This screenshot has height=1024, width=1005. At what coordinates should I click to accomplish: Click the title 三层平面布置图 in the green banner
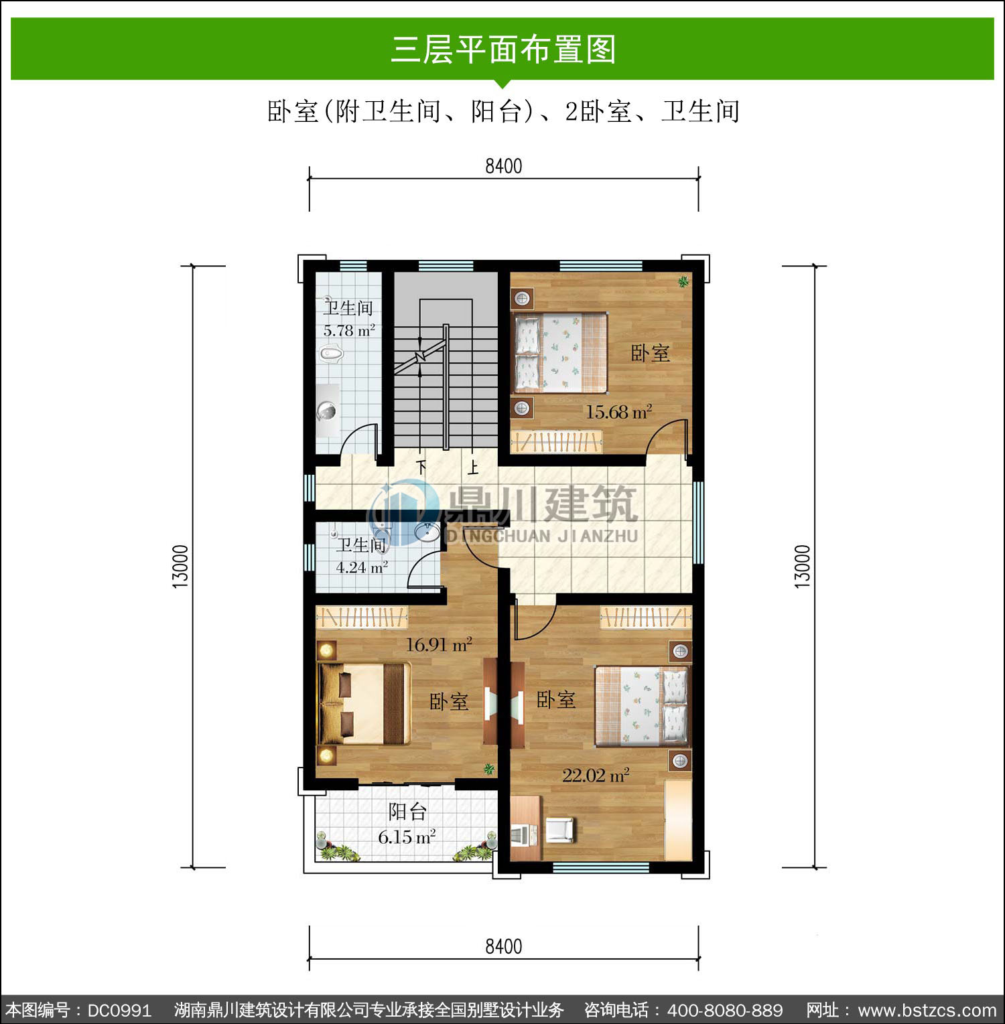coord(503,49)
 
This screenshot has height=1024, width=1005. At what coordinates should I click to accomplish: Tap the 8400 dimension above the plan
coord(504,166)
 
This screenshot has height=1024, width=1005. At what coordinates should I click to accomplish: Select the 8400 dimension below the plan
coord(504,946)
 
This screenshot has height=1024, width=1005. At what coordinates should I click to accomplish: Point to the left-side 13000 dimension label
coord(181,567)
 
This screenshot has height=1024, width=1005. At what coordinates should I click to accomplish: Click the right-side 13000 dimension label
coord(803,567)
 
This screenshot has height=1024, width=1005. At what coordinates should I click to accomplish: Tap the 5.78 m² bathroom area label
coord(349,331)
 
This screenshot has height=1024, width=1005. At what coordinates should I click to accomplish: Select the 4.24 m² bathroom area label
coord(362,567)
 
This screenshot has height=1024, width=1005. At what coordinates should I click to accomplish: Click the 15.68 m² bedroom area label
coord(619,411)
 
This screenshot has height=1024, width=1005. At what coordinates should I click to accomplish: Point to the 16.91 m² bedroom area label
coord(439,644)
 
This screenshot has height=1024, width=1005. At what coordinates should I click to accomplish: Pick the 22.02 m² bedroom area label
coord(596,775)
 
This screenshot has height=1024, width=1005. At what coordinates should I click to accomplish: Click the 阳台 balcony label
coord(407,812)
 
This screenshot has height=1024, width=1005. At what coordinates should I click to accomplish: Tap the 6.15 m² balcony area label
coord(407,837)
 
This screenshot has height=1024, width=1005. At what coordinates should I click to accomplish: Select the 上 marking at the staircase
coord(473,467)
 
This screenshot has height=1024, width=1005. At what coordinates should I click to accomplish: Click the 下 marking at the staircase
coord(421,467)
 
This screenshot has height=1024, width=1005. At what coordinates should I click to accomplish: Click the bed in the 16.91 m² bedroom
coord(364,703)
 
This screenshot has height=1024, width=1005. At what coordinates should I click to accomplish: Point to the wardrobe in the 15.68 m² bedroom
coord(556,441)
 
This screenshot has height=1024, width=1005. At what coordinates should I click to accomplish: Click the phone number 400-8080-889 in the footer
coord(725,1010)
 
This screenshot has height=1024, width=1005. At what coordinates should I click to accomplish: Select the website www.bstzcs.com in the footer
coord(927,1010)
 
